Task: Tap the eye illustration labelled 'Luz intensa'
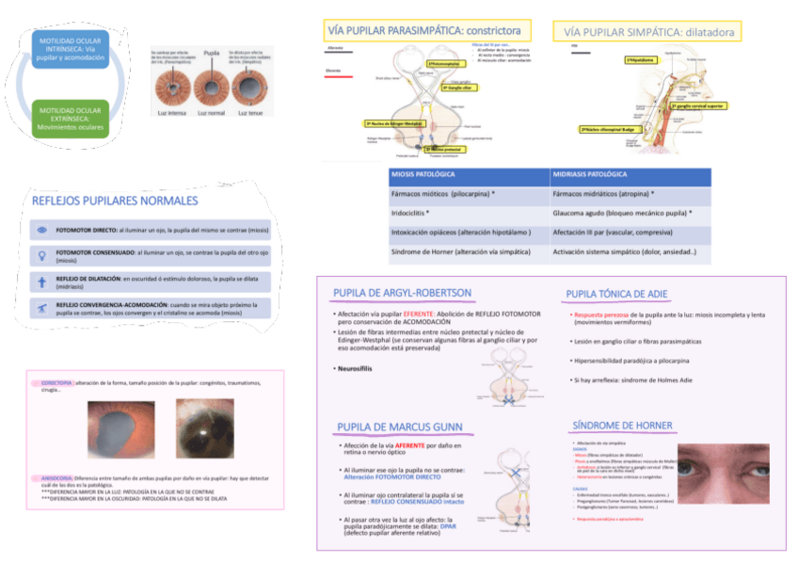point(171,90)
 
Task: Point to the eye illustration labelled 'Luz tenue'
point(250,90)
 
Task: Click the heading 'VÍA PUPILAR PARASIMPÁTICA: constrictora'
point(427,31)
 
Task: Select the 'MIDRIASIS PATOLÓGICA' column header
point(589,175)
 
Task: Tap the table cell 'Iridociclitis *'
point(410,213)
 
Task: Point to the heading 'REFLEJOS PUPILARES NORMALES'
point(115,201)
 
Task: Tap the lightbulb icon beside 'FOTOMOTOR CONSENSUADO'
point(41,255)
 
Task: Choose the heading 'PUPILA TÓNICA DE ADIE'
point(616,295)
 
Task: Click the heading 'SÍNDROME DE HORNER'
point(622,426)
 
